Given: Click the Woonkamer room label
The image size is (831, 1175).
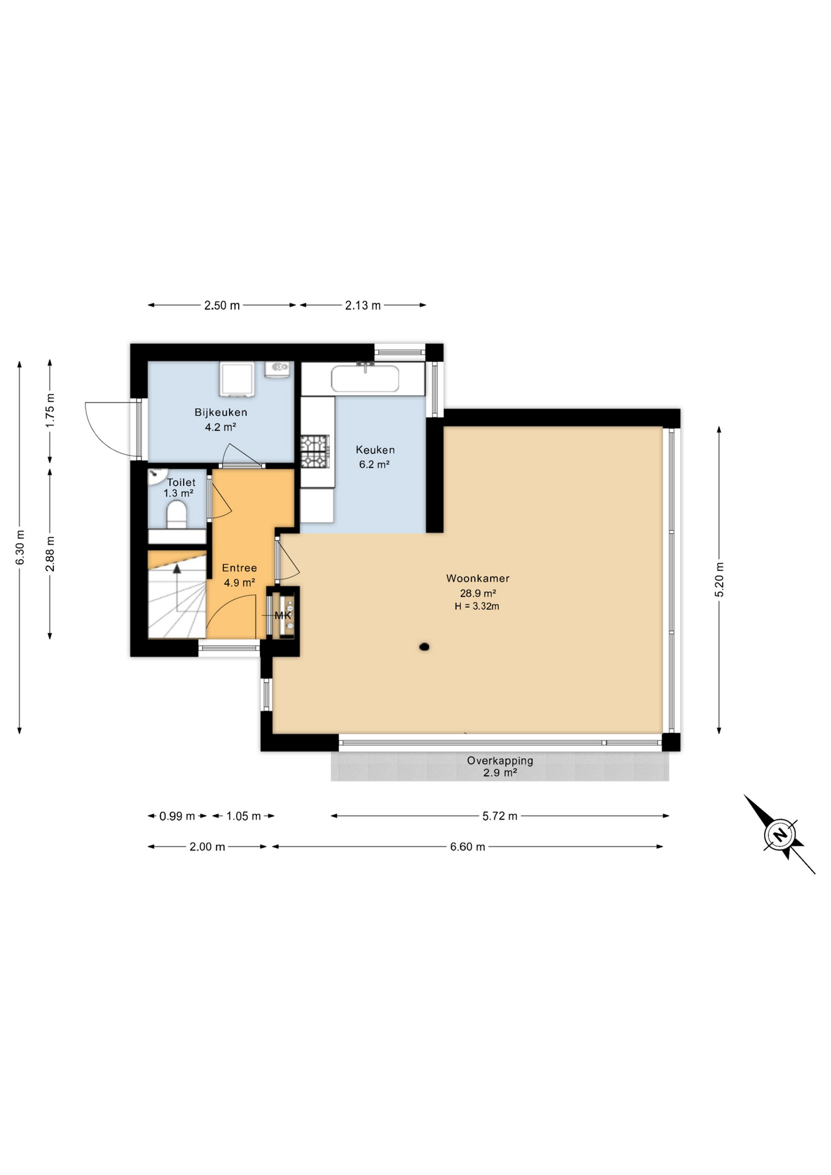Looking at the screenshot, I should point(477,578).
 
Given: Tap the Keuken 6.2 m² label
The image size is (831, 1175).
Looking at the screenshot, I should point(375,457).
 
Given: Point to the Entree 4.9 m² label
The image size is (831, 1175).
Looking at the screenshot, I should point(239,575).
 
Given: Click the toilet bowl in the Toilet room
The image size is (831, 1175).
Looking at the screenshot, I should point(177,514).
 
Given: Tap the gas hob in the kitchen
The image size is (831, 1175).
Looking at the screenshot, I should point(315,452).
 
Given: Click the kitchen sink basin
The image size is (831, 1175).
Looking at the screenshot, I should point(365,379).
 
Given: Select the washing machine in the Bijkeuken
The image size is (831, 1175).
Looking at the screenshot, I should point(237,379).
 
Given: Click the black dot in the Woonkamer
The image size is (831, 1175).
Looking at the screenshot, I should point(423,647).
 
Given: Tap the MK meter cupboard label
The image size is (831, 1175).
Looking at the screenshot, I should point(283,616).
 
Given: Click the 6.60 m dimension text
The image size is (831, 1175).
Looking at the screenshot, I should point(468,847).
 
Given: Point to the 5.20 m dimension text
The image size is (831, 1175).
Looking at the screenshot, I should point(720,580).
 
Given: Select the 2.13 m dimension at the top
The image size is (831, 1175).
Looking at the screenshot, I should point(363,305).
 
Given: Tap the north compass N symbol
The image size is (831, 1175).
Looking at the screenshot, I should point(780,835).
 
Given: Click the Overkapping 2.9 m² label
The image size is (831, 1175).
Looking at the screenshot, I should point(500,766).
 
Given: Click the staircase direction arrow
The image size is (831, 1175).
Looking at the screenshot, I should point(177,569).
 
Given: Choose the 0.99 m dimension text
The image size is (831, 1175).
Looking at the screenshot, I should point(177,816).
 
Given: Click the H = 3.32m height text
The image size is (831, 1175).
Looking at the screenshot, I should point(477,606).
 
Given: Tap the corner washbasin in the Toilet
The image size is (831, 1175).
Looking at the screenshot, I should point(158,474).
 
